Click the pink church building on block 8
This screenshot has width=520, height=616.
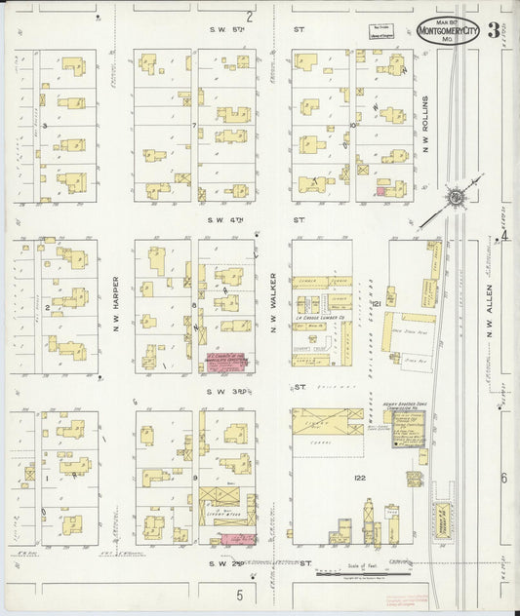pyautogui.click(x=224, y=361)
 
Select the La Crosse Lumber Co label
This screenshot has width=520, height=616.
pyautogui.click(x=320, y=317)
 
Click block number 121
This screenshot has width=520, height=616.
pyautogui.click(x=375, y=305)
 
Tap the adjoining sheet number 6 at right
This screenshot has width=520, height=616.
pyautogui.click(x=504, y=478)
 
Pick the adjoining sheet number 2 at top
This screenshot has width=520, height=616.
pyautogui.click(x=250, y=16)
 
